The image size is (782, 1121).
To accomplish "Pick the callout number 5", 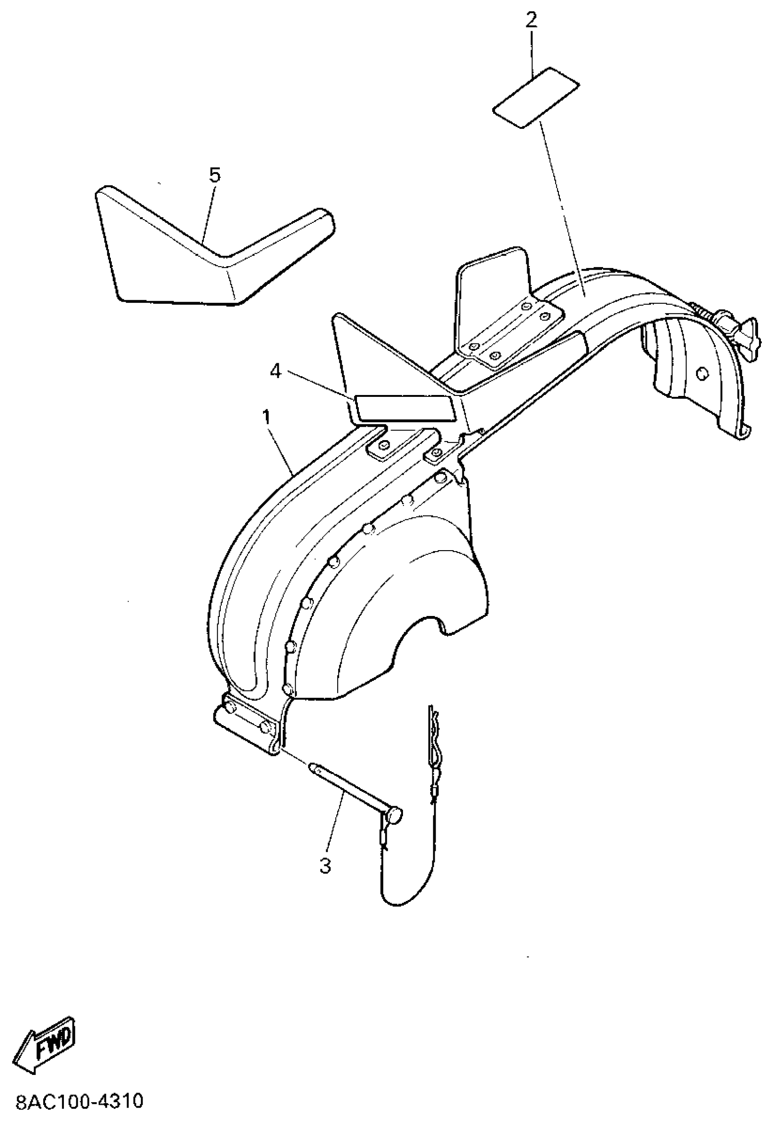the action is (215, 174).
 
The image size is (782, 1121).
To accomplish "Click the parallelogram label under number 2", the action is (535, 97).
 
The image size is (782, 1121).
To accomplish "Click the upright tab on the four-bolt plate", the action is (493, 283).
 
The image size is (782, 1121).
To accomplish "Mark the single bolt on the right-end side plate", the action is (702, 373).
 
